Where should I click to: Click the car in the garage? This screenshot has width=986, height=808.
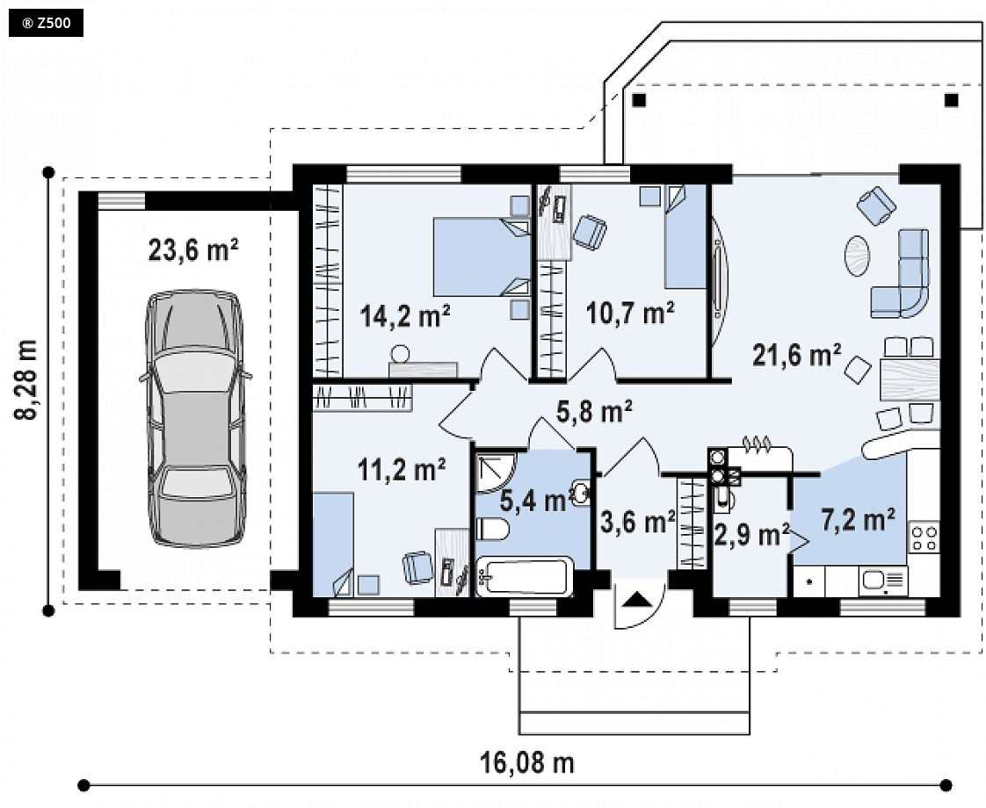[x=196, y=418]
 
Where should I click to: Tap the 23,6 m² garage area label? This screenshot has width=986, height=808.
[x=193, y=250]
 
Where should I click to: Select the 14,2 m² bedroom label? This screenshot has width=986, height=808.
[x=405, y=315]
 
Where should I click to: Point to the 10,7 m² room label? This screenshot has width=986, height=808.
[x=631, y=313]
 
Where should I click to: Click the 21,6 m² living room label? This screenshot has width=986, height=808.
[x=797, y=355]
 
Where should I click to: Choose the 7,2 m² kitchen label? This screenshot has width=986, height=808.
[x=859, y=520]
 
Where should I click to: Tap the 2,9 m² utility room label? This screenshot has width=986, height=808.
[x=752, y=535]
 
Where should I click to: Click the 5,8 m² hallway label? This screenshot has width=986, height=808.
[x=594, y=412]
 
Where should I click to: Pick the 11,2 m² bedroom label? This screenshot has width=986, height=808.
[x=402, y=469]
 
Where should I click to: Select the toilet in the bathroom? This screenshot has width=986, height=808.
[x=492, y=529]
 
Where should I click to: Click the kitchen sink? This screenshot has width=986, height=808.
[x=883, y=581]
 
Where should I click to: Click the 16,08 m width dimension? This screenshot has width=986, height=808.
[x=527, y=763]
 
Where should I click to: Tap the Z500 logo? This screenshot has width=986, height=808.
[x=46, y=24]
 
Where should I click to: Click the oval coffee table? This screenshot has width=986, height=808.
[x=857, y=255]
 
